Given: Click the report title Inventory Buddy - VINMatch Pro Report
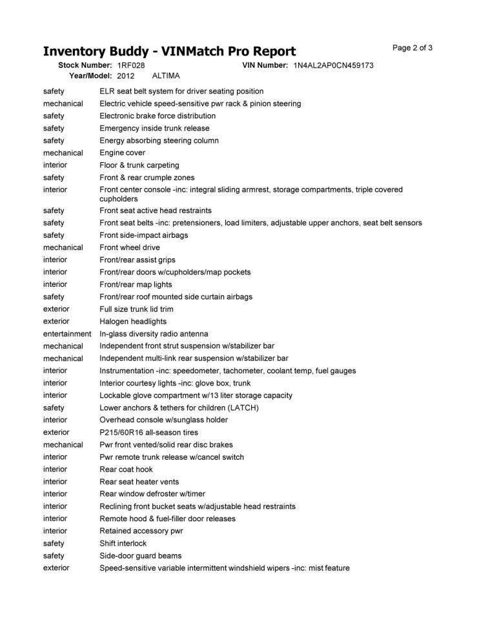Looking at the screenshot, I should pos(169,52).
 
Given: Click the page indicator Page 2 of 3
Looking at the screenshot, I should pos(412,48).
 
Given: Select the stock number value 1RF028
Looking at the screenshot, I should pos(130,66).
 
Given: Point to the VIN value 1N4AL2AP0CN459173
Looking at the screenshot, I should pos(333,66).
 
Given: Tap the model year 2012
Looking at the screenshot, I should pos(125,76).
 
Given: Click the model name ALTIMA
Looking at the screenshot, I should pos(165,76).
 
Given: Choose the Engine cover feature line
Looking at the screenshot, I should pos(122,153).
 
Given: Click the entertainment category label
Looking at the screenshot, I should pos(67,334).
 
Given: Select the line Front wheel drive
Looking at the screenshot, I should pos(130,247).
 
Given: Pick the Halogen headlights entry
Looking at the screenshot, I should pos(133,321).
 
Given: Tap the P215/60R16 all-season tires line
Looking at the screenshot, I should pos(148,432).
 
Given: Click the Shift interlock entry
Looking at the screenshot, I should pos(123,543).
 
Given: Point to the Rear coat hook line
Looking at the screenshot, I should pos(126,470).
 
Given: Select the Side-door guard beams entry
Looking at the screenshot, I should pos(140,555).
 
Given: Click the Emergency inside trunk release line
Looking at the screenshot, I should pos(154,129).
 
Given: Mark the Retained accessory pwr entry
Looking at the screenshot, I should pos(141,531).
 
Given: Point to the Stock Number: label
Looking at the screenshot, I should pos(85,66).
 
